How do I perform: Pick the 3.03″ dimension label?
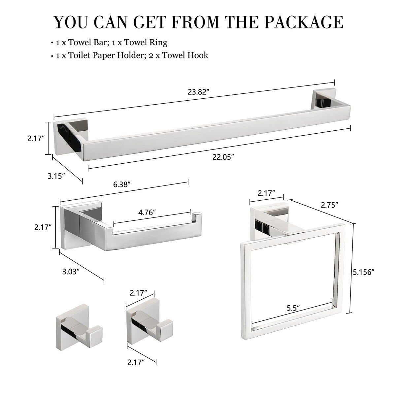[71, 272]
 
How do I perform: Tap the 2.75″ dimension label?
[330, 205]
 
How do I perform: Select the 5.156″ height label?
[363, 272]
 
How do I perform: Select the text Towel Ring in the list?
[149, 42]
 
